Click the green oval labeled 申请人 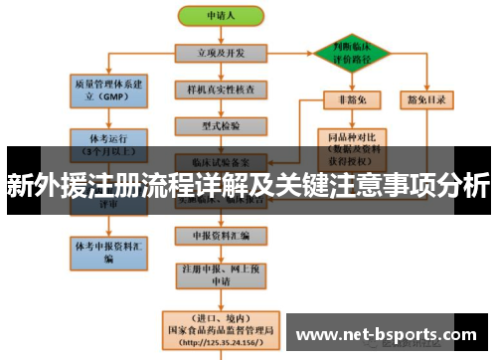click(220, 17)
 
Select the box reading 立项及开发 click(221, 52)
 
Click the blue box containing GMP click(106, 90)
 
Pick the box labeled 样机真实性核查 click(221, 90)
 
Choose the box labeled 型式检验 click(221, 125)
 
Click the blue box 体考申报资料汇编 click(106, 250)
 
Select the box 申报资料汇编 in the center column click(221, 236)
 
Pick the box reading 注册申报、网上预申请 click(221, 273)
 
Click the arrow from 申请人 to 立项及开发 click(220, 35)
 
